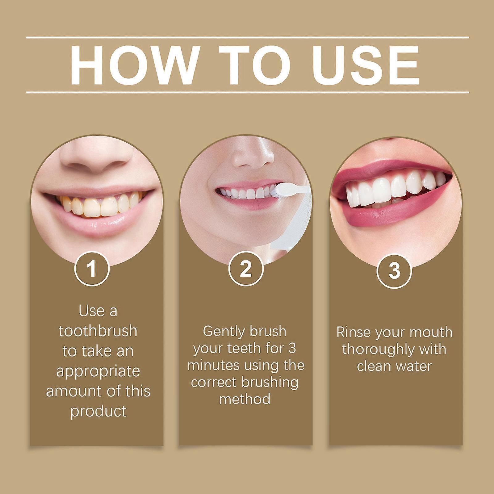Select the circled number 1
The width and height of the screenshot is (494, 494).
click(92, 269)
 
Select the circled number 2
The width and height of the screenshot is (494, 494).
click(245, 269)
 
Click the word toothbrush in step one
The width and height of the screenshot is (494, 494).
click(98, 331)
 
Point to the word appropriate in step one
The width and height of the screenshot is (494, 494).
click(98, 372)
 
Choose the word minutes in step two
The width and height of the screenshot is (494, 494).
click(213, 366)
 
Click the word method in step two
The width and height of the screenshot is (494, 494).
click(245, 399)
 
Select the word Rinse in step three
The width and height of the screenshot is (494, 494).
click(354, 333)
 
